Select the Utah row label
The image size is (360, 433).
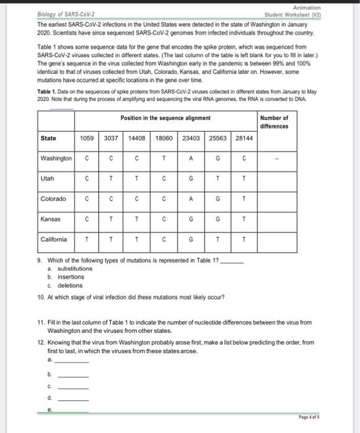pos(48,178)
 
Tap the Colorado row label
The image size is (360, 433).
pos(53,199)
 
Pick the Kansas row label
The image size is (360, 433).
pos(51,218)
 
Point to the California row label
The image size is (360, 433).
pos(54,239)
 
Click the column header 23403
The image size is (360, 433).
pos(191,139)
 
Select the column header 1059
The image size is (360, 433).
pos(87,139)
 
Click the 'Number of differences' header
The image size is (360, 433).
pos(274,121)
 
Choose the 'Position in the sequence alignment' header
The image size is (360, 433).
pos(165,118)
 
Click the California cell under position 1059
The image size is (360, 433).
pos(87,239)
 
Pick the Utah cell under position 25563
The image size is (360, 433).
pos(218,178)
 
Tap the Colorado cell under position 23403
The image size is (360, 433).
pos(191,199)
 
